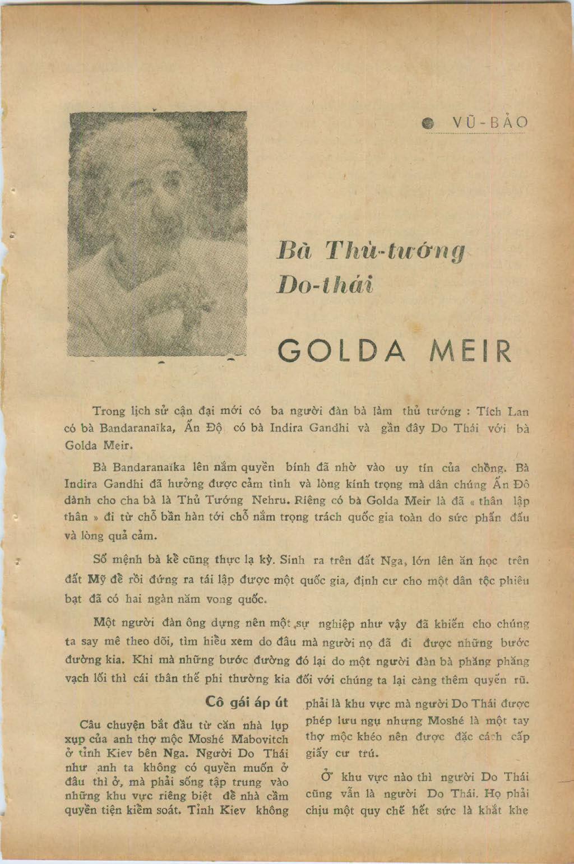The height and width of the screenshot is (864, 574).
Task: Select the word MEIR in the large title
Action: (470, 351)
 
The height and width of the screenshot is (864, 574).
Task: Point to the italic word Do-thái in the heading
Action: (325, 285)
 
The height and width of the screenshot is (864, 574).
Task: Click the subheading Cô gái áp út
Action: (247, 703)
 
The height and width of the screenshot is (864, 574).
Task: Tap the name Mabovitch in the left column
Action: (260, 739)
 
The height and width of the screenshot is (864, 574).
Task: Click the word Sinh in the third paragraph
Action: (292, 560)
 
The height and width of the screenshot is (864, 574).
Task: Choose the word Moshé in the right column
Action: (446, 721)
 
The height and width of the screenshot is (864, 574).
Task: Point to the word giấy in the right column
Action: (317, 753)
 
